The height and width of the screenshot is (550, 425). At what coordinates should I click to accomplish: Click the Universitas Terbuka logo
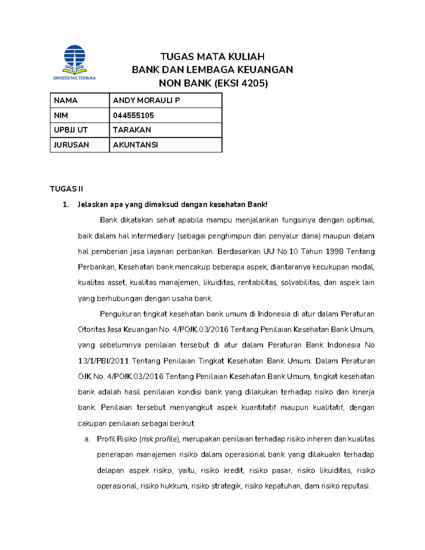(74, 62)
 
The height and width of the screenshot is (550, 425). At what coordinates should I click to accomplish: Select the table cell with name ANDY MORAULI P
(146, 101)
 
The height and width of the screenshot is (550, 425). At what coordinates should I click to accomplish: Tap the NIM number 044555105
(134, 115)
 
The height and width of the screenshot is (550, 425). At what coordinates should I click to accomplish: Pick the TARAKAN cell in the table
(132, 130)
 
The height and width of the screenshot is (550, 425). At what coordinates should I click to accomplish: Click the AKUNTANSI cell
(135, 145)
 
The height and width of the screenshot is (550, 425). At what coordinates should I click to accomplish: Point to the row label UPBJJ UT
(70, 130)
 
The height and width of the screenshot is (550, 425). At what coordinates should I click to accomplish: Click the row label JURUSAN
(71, 145)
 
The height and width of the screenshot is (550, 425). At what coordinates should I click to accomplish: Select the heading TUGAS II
(67, 189)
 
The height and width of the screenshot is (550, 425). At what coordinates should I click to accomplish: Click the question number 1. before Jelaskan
(66, 204)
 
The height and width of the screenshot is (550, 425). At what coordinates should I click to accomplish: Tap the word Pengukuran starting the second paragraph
(120, 314)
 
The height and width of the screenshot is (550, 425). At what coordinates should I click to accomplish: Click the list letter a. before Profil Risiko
(87, 439)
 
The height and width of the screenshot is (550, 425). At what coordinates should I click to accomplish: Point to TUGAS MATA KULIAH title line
(212, 57)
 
